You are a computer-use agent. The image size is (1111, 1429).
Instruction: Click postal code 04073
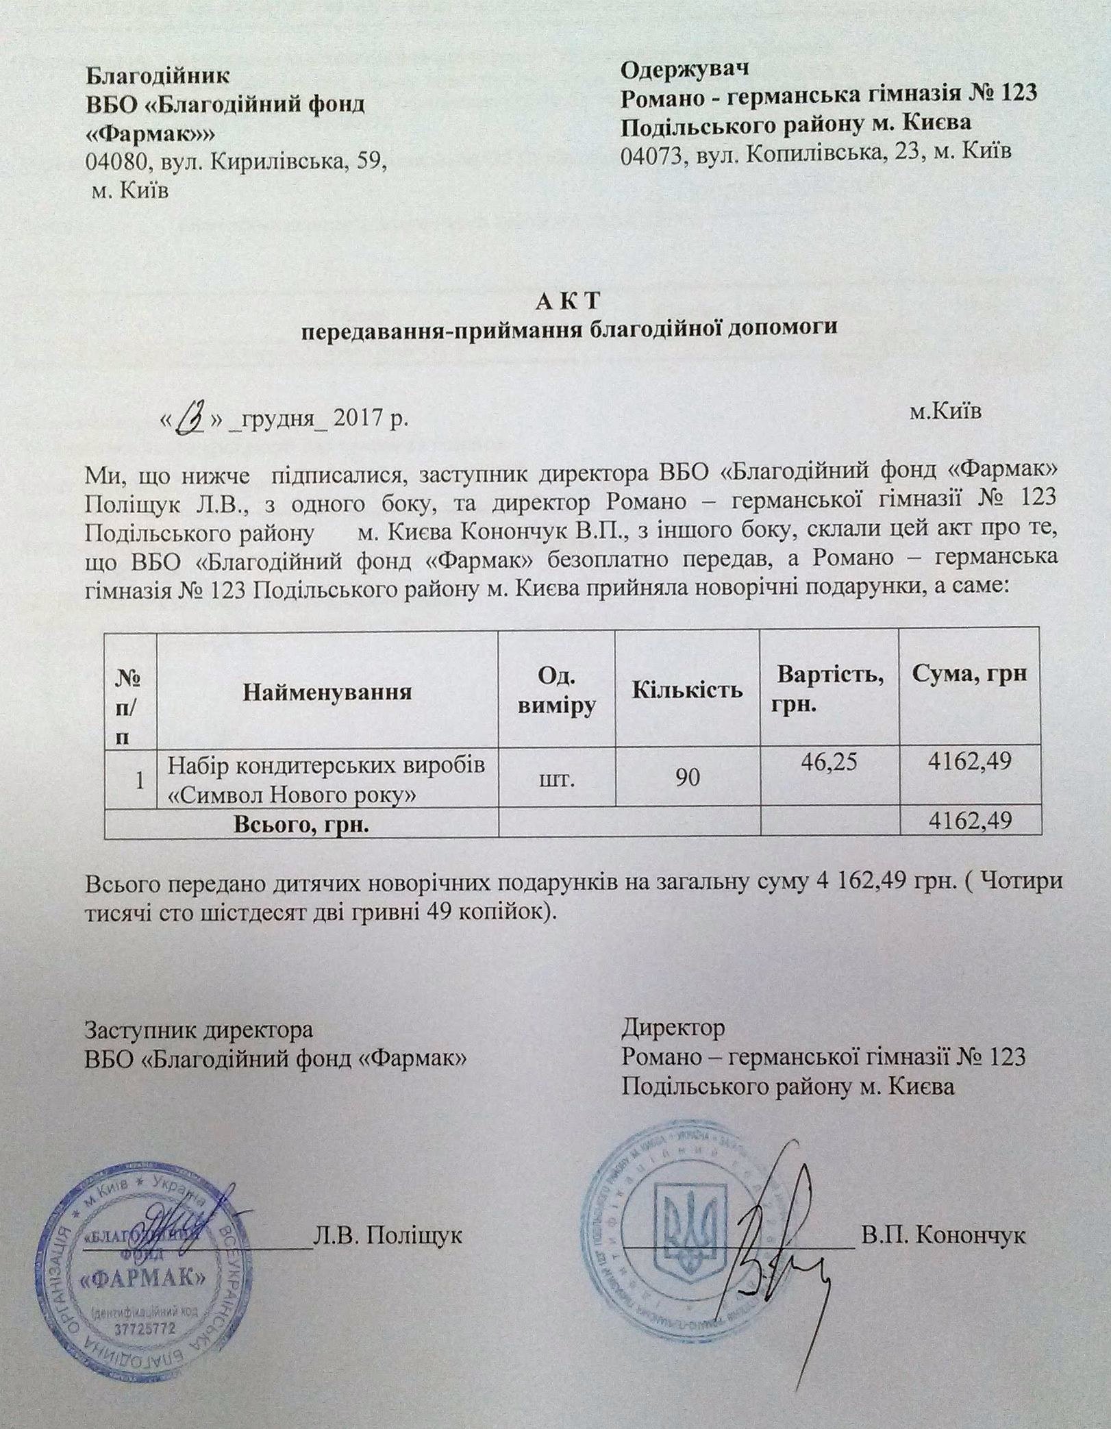click(653, 153)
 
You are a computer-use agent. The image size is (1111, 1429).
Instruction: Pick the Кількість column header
click(687, 688)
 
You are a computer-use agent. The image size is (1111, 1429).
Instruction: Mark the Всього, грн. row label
click(301, 824)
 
